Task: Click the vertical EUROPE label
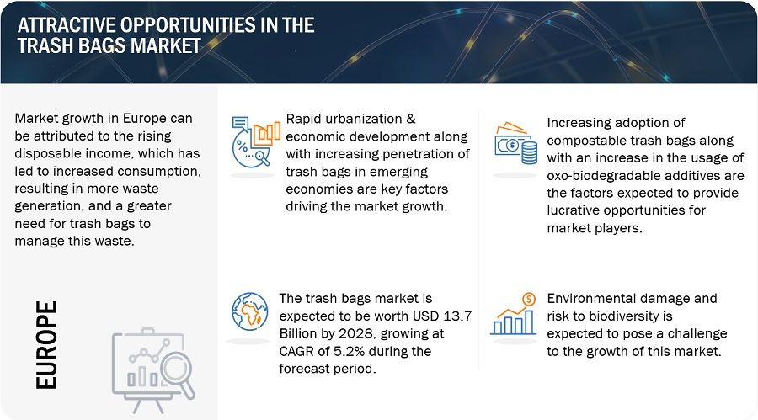[x=46, y=344]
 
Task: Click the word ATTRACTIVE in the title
[x=66, y=25]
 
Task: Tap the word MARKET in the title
[x=165, y=46]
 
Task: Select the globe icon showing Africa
[x=249, y=311]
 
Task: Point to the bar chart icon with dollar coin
[x=514, y=314]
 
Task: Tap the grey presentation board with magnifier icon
[x=153, y=370]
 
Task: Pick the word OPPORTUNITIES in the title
[x=188, y=25]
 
